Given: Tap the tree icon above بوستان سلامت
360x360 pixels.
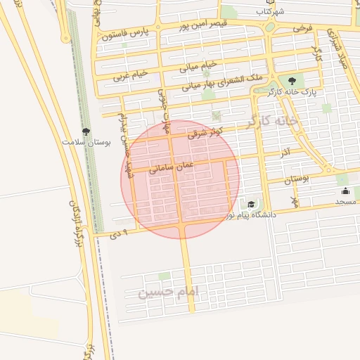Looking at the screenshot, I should click(86, 131).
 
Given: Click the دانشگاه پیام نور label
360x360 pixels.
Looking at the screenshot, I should click(250, 214).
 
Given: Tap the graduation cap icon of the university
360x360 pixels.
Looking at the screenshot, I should click(251, 204).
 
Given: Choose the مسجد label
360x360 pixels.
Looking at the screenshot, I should click(345, 202).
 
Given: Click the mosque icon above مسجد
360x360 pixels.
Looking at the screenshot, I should click(345, 191).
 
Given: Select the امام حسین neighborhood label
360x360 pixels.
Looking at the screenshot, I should click(169, 291).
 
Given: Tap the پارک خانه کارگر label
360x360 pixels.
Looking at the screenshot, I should click(292, 91).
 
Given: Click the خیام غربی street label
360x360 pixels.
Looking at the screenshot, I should click(124, 73).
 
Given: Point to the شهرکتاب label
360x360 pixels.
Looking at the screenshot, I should click(270, 12).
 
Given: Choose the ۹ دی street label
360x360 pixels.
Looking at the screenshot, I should click(117, 233).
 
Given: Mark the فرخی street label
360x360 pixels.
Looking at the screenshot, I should click(302, 28).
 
